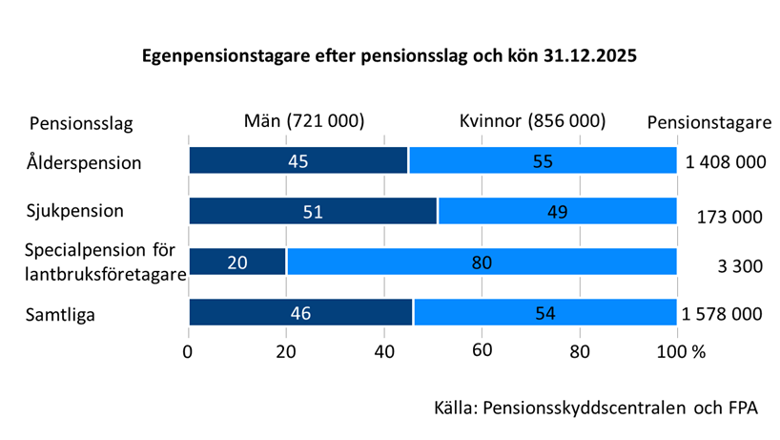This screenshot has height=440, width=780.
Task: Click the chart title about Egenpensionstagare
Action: [389, 55]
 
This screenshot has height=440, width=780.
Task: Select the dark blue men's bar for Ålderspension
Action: [298, 161]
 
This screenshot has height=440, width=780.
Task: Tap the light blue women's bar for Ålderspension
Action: [543, 161]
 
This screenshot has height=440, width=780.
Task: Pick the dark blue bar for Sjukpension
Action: [313, 211]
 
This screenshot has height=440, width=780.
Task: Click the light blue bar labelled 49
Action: [557, 211]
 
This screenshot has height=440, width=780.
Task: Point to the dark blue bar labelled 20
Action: [237, 262]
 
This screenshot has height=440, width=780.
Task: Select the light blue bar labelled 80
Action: [482, 262]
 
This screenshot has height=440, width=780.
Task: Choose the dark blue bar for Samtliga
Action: [300, 312]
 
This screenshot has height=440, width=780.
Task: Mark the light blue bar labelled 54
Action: [544, 312]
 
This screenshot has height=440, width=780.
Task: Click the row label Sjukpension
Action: [74, 209]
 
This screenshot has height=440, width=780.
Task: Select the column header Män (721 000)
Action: [304, 121]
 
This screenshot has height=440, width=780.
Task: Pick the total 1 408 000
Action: [726, 162]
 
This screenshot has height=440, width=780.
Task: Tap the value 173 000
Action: [729, 217]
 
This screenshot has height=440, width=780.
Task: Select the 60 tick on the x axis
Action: [482, 351]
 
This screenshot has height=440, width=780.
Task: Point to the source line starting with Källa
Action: [596, 408]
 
